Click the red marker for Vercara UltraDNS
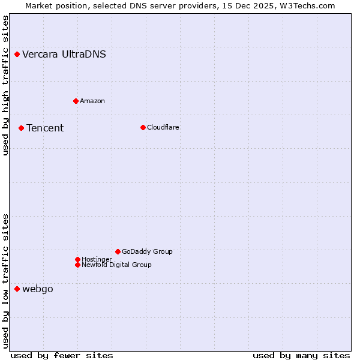17,55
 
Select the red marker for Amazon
76,101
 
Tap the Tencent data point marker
21,128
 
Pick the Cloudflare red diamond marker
143,127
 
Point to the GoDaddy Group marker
118,251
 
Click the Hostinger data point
77,259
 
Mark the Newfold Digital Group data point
77,265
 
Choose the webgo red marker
17,289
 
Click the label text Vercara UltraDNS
64,55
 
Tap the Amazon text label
92,101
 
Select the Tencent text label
45,128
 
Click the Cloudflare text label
163,127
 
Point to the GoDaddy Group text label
147,251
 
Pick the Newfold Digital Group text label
117,265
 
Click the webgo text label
38,289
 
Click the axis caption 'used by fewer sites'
62,355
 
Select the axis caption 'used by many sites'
301,355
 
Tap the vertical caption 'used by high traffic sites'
6,85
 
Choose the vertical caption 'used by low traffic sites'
6,281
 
